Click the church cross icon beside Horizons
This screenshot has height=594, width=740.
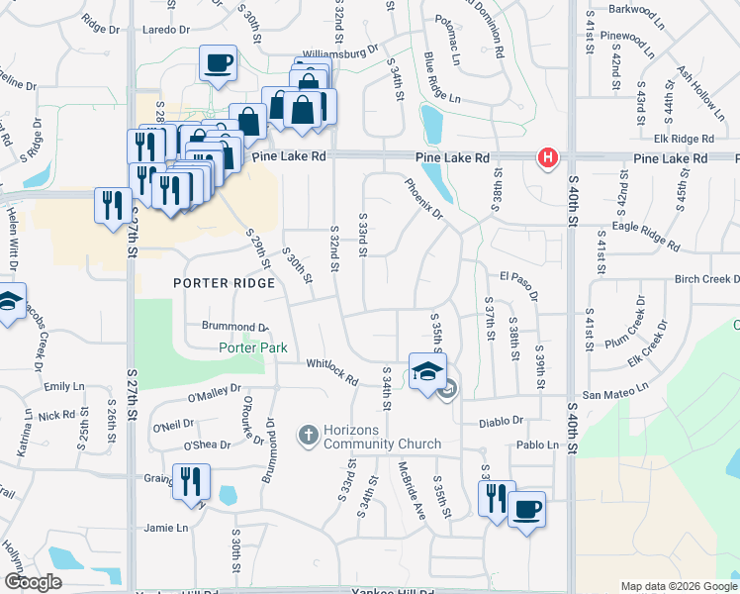click(x=308, y=434)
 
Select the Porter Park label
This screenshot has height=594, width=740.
click(x=253, y=347)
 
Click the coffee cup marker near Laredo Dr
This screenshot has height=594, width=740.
click(x=218, y=63)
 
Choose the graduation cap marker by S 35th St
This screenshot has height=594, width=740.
click(x=427, y=372)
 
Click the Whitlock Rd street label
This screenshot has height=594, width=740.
click(x=331, y=371)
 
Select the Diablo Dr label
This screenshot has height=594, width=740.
click(x=501, y=421)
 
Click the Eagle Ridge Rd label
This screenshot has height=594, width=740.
click(x=646, y=235)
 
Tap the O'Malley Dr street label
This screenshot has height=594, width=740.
click(x=215, y=394)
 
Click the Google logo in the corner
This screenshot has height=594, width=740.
click(x=33, y=582)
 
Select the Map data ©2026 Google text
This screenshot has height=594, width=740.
click(x=678, y=586)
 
